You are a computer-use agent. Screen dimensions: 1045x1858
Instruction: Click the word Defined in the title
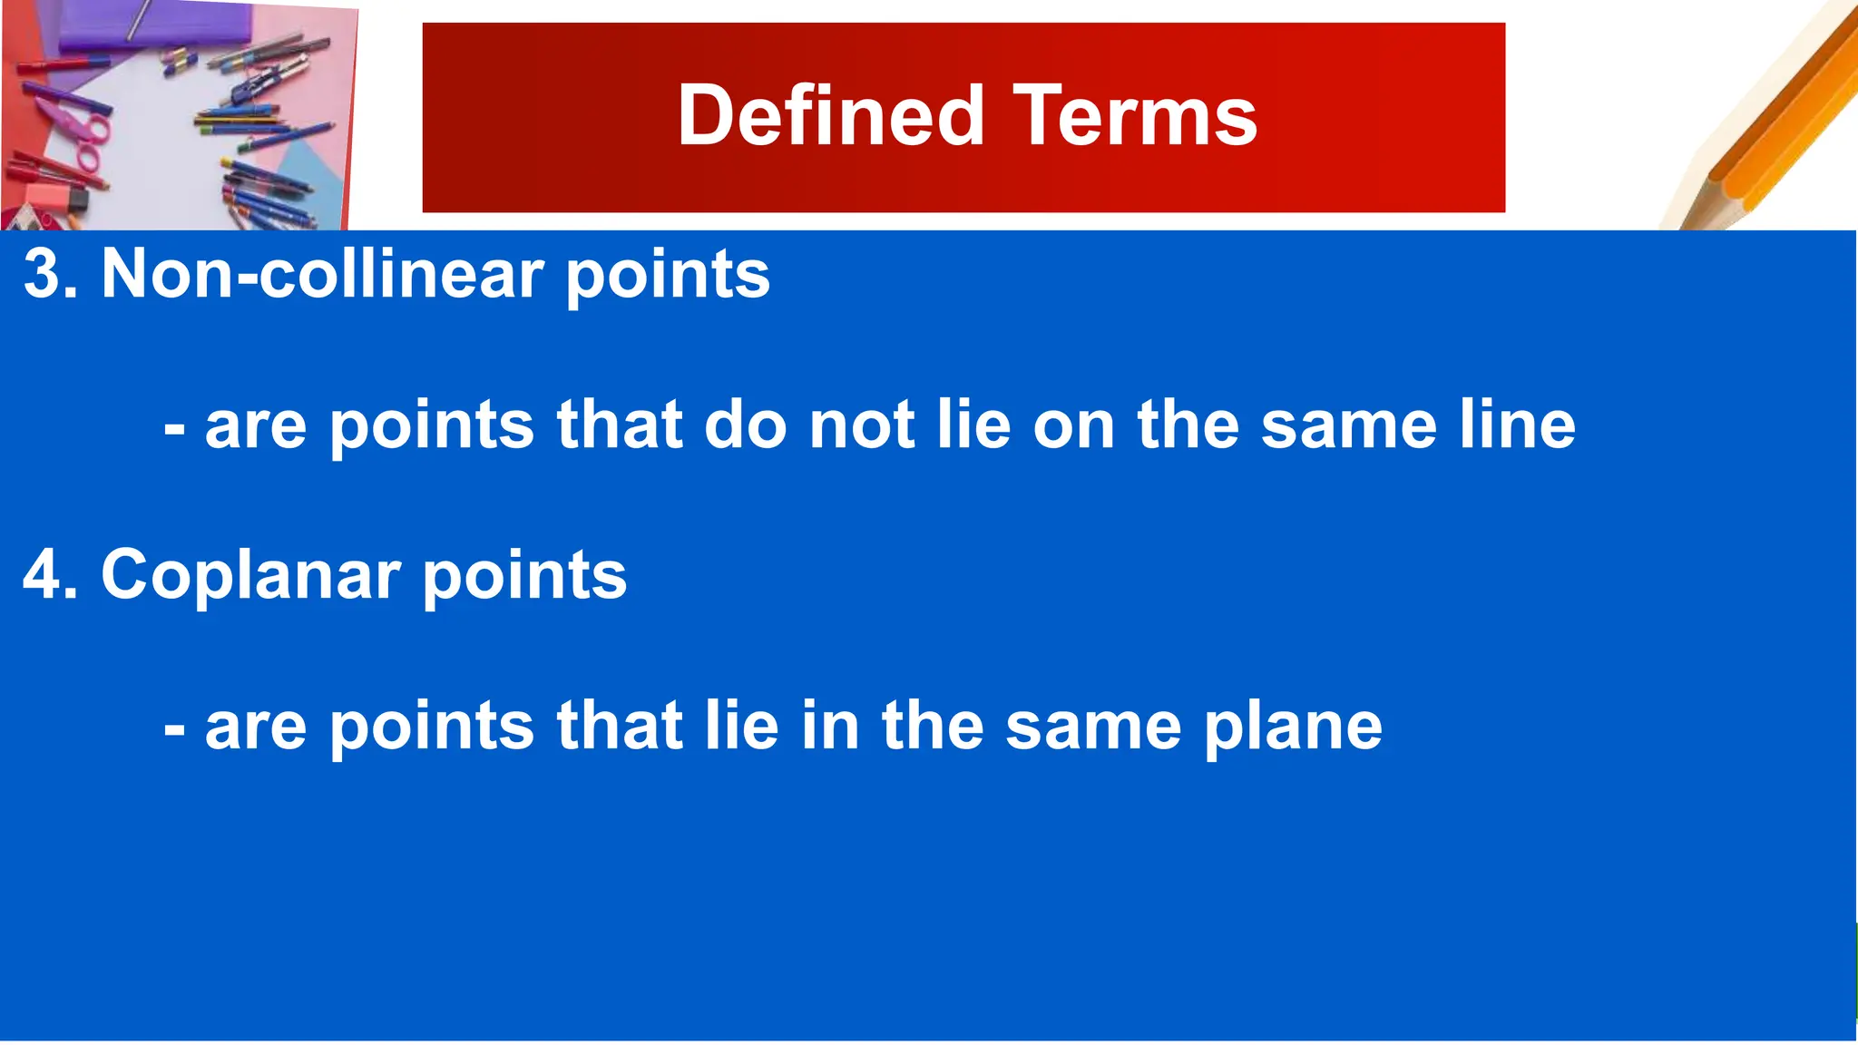[x=830, y=116]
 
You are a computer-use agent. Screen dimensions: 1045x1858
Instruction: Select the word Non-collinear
[x=322, y=274]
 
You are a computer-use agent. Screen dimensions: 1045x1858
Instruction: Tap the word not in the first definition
[x=862, y=425]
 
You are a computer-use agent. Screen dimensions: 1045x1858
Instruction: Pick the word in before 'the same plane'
[x=829, y=726]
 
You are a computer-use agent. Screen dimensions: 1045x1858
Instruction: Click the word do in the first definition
[x=745, y=425]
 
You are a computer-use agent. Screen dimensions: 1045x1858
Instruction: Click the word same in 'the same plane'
[x=1092, y=728]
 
